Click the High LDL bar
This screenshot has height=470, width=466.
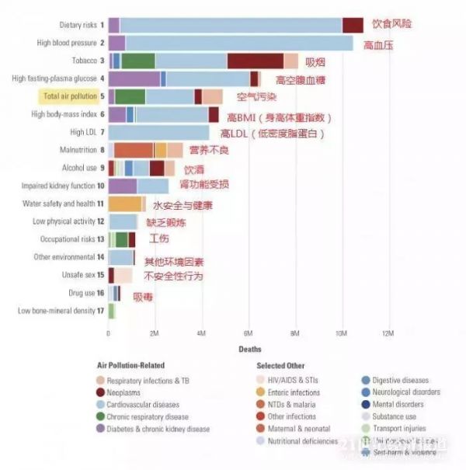pos(158,133)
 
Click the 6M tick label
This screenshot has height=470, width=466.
pos(249,333)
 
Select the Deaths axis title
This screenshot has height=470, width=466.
pos(249,350)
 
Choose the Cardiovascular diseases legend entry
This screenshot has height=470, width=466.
pos(143,404)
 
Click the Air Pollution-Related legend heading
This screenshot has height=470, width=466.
pos(130,366)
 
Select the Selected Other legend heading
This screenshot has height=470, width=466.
pos(280,366)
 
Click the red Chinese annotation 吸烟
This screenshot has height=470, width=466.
pos(315,61)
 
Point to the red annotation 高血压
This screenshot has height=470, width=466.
pos(378,45)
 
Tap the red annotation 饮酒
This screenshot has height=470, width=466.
pos(194,169)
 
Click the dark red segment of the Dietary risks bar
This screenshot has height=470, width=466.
pos(353,26)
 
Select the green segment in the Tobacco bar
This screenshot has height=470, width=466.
pos(138,61)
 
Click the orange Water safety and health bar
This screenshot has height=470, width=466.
pos(125,204)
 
